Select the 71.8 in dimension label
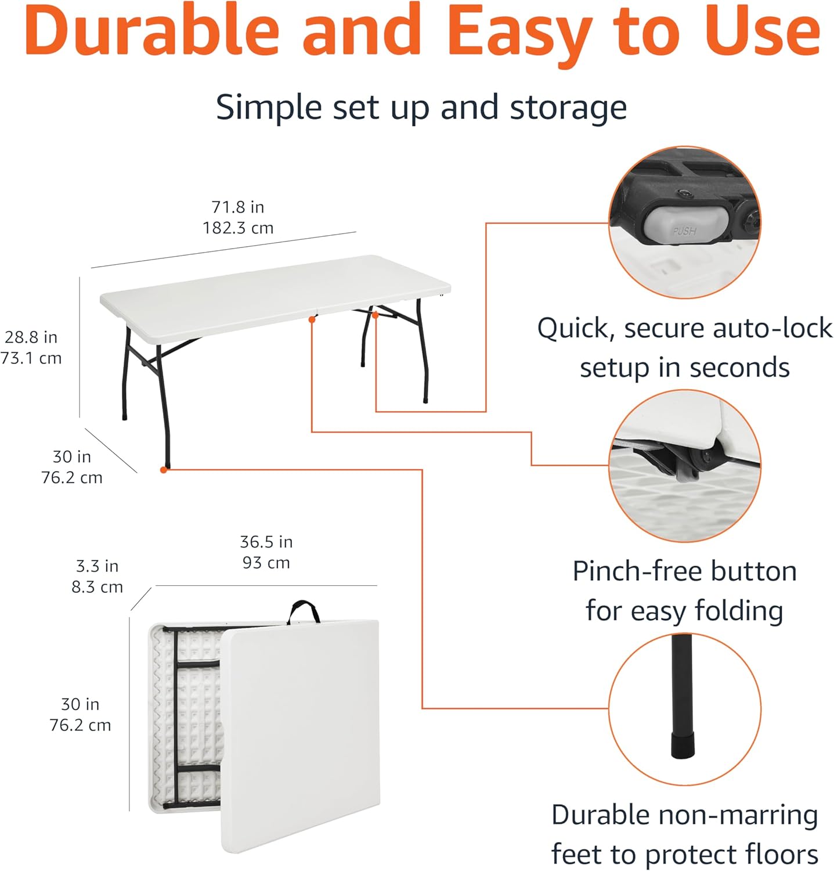pos(237,207)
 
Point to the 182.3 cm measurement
pos(238,228)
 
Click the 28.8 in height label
pos(31,337)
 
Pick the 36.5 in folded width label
pos(266,542)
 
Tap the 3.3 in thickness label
pos(97,566)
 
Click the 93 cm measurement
pos(266,563)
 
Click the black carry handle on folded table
pos(304,611)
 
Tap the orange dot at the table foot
pos(164,470)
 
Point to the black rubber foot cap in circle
pos(684,745)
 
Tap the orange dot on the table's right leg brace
pos(376,315)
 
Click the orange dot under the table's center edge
pos(312,319)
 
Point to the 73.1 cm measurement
pos(31,358)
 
